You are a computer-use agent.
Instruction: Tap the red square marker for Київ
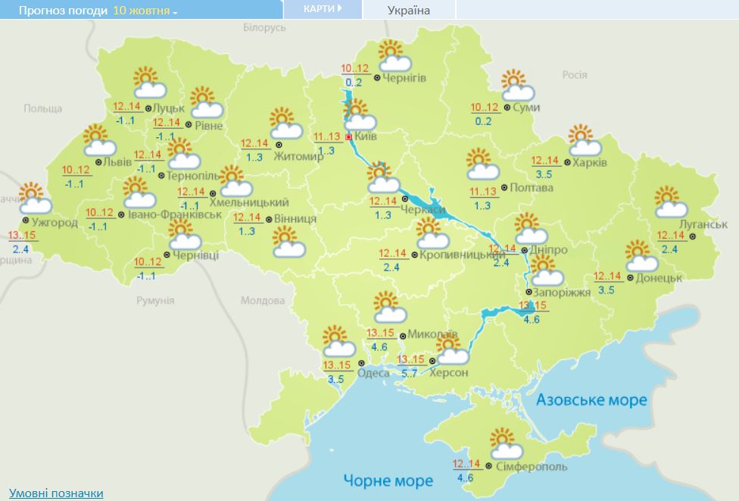(348, 137)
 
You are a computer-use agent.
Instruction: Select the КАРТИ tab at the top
(322, 8)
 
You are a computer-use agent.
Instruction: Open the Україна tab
(408, 11)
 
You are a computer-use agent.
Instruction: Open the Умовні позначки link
(56, 493)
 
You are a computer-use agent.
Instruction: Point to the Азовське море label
(591, 399)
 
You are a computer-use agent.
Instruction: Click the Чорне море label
(388, 481)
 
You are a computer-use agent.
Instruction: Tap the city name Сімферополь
(529, 465)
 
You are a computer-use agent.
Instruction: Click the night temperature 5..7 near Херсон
(410, 374)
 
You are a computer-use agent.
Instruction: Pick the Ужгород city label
(54, 222)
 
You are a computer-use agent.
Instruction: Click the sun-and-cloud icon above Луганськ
(670, 202)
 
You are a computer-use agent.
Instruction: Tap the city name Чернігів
(404, 78)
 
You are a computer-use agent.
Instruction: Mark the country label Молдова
(262, 301)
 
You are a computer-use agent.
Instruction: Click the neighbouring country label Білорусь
(265, 27)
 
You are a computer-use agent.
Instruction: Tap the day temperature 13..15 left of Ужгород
(22, 236)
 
